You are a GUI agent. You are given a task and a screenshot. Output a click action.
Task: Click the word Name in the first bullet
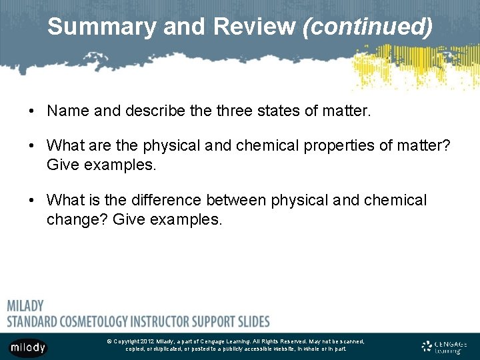point(68,111)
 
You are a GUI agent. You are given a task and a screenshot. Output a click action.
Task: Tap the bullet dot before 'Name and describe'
point(31,111)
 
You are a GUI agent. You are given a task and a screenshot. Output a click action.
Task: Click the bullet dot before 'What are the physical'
point(31,146)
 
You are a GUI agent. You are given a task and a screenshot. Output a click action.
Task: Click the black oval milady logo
point(28,347)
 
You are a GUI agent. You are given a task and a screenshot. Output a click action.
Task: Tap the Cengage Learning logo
point(444,347)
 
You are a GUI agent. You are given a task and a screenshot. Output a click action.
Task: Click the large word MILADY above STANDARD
point(25,306)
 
